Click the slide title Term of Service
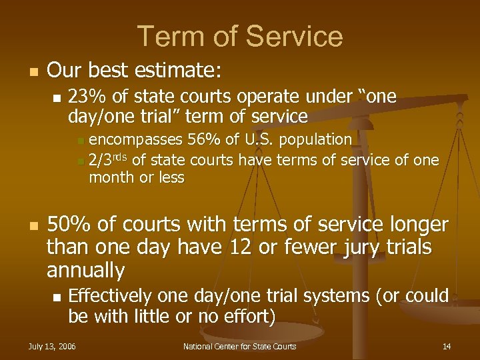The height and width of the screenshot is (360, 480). coord(240,36)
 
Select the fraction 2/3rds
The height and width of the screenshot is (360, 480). coord(109,160)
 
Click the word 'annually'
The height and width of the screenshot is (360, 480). coord(85,270)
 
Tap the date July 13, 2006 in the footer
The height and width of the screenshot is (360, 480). coord(51,346)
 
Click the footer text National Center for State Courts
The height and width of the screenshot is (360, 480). coord(239,346)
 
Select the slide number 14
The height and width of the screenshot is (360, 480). coord(446,346)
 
